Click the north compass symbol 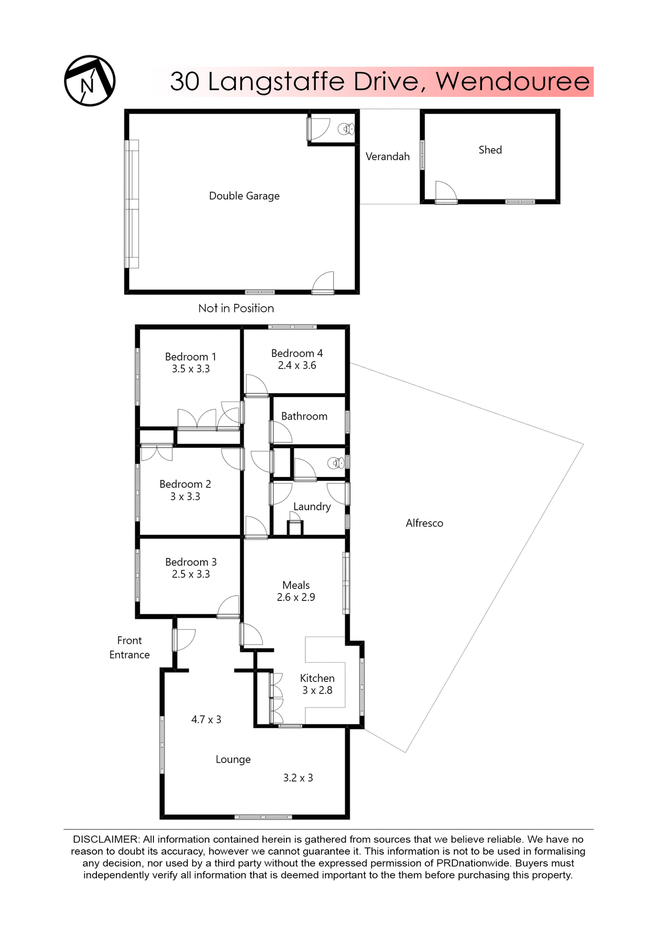pos(90,81)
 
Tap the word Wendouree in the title pos(513,81)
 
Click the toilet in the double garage pos(346,129)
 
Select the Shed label pos(490,150)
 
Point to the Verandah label pos(387,156)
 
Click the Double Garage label pos(244,196)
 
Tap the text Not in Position pos(236,308)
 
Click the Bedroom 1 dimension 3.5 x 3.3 pos(191,369)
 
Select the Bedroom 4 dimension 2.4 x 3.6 pos(297,366)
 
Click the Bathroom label pos(304,416)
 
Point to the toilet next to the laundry pos(336,463)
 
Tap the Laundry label pos(312,506)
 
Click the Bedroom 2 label pos(185,484)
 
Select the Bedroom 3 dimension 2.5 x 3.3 pos(191,574)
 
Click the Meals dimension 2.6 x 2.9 pos(296,598)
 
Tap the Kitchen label pos(317,678)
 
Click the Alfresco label pos(424,523)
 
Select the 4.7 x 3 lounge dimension pos(206,720)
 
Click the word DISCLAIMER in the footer pos(106,840)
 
